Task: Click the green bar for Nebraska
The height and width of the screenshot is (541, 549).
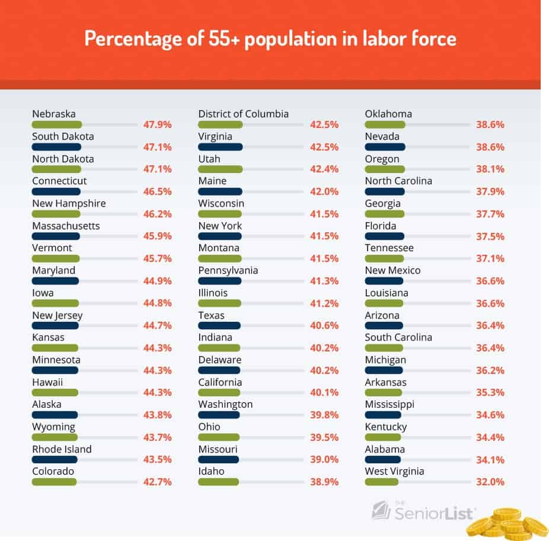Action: [56, 124]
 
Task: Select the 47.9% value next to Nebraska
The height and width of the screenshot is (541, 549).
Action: [157, 124]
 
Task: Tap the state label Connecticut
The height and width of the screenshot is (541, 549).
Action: [59, 181]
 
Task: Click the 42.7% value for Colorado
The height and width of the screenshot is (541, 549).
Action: [157, 482]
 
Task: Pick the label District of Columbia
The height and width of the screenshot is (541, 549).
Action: [243, 114]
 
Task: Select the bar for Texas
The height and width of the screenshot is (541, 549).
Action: [219, 325]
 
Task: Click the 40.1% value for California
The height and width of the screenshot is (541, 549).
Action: [324, 392]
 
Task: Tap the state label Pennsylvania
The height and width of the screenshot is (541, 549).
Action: [228, 270]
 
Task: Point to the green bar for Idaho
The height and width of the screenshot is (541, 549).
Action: [218, 482]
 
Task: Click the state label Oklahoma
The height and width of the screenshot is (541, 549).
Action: [388, 114]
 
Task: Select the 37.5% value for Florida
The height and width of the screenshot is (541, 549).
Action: [490, 236]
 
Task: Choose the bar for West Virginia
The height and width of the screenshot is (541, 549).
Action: [382, 482]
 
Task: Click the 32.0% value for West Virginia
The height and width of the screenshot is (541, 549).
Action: [490, 482]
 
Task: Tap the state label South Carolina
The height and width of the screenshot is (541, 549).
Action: [398, 337]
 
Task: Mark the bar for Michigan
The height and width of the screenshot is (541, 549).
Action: [384, 370]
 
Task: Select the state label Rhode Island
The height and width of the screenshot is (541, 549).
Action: [62, 449]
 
